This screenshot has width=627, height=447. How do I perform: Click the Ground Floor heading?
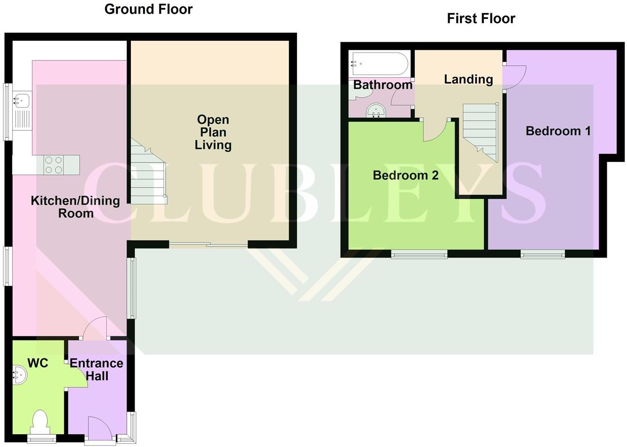(x=148, y=9)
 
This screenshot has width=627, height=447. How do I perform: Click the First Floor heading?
(x=481, y=18)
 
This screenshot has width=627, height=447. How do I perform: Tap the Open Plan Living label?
(x=213, y=132)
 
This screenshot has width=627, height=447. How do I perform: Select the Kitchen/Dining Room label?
(x=75, y=207)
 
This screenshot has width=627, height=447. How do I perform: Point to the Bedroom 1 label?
(x=558, y=131)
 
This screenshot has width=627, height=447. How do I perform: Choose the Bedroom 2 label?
(x=405, y=175)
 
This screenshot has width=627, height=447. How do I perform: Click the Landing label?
(x=468, y=79)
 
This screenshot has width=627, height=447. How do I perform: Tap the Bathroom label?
(x=382, y=85)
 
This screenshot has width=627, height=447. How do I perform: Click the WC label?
(x=38, y=363)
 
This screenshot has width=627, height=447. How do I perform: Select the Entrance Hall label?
(x=97, y=370)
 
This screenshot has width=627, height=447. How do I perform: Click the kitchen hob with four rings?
(x=53, y=165)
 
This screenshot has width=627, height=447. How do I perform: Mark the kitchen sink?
(x=22, y=100)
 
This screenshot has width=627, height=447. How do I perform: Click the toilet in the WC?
(x=39, y=421)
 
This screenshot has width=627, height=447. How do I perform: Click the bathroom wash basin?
(x=376, y=111)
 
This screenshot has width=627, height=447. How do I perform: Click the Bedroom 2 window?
(x=419, y=254)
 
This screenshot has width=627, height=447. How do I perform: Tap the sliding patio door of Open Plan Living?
(x=208, y=244)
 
